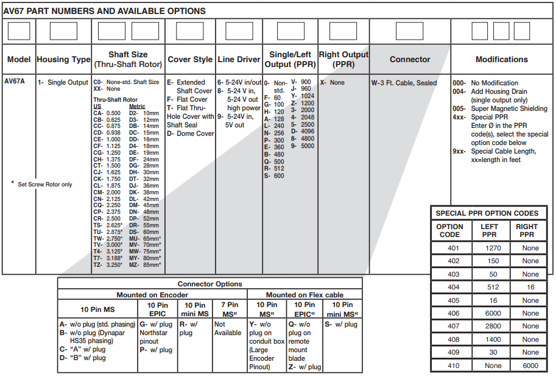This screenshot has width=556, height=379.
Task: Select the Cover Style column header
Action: (x=190, y=60)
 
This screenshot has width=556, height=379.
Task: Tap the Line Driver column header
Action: (x=239, y=60)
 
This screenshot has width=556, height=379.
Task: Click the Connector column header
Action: (x=410, y=60)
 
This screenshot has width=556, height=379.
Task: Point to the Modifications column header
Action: (x=502, y=60)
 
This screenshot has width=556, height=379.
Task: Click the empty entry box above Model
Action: (x=19, y=31)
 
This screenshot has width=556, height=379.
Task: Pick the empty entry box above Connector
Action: (x=409, y=31)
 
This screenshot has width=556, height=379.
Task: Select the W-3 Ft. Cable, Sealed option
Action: (x=404, y=83)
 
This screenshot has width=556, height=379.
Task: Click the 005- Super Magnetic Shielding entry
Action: (x=499, y=108)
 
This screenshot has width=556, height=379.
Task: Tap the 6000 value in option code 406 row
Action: (x=490, y=313)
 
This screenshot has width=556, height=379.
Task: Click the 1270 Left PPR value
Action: (x=490, y=247)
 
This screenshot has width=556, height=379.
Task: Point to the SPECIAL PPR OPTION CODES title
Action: (x=487, y=213)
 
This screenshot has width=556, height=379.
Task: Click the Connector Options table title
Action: (x=209, y=284)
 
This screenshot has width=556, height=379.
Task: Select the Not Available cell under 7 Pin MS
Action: (x=228, y=329)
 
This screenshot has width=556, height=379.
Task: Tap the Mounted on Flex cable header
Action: (x=304, y=295)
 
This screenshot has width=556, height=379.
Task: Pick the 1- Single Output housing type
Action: (x=63, y=83)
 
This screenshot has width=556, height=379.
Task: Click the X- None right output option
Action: (x=333, y=83)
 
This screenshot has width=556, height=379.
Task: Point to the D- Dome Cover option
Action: (x=191, y=133)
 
